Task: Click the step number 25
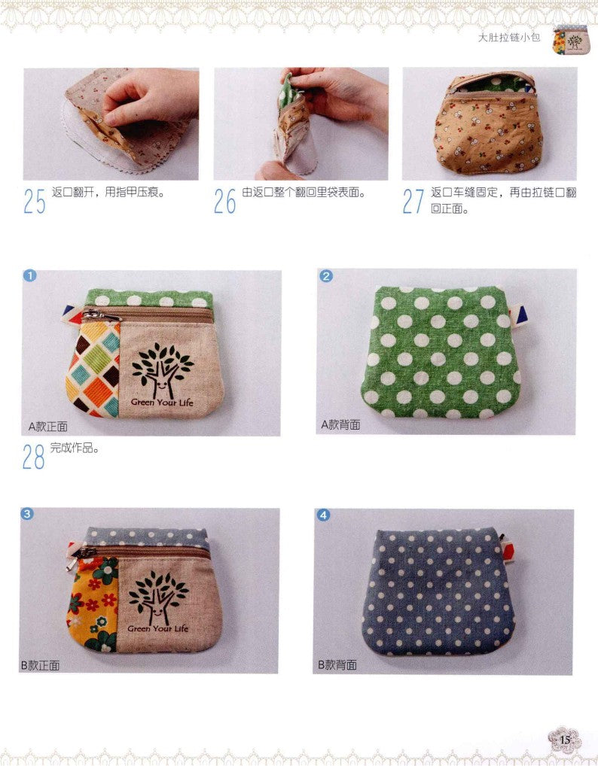34,201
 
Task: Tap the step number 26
224,201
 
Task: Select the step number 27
413,201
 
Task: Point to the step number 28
33,457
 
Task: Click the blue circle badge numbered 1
29,275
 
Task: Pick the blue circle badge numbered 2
326,275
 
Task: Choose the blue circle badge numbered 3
26,514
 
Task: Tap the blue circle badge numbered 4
323,515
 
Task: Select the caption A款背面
340,424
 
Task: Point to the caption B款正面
40,665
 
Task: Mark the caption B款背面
337,665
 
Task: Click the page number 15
565,740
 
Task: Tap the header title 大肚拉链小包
510,37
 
